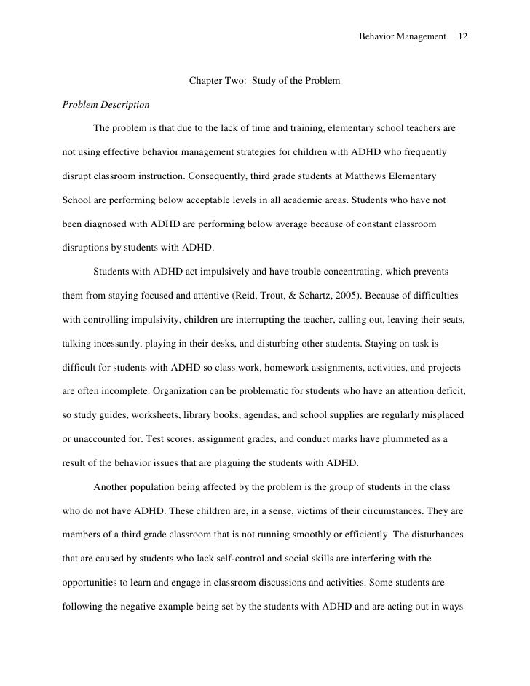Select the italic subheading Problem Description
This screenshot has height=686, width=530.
(x=106, y=105)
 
